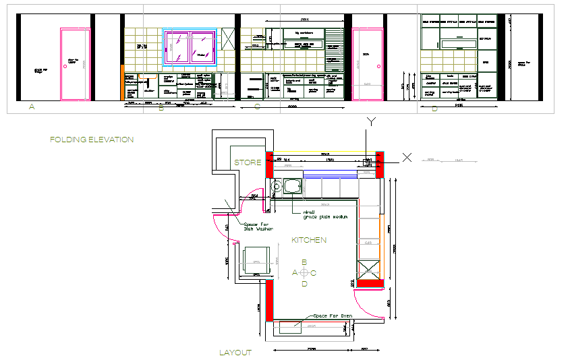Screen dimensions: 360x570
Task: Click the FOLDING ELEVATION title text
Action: coord(92,140)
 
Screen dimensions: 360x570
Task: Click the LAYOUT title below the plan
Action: coord(235,352)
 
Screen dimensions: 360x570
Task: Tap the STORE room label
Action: coord(247,162)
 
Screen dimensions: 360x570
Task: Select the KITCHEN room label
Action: coord(309,240)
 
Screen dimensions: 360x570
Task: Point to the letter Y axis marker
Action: coord(370,121)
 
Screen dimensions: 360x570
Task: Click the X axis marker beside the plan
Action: coord(407,157)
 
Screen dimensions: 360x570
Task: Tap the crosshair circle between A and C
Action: coord(304,273)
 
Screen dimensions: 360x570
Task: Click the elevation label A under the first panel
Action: coord(31,107)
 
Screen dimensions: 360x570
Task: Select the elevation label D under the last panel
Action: coord(434,109)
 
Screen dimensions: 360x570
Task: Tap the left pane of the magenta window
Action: coord(179,47)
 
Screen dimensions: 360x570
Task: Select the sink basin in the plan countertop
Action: coord(293,185)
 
